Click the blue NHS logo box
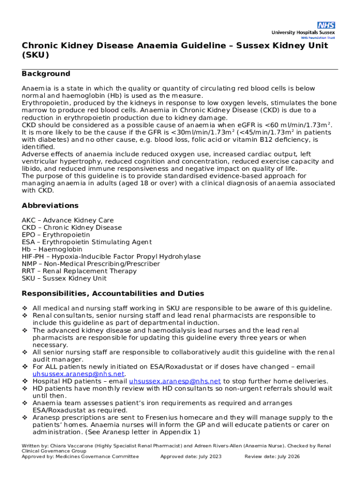(326, 25)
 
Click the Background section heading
(46, 74)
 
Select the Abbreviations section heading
(50, 206)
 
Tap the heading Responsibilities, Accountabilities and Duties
(113, 294)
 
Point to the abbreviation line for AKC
(67, 220)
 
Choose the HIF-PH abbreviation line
(111, 257)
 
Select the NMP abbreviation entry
(91, 264)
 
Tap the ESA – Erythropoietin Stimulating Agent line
(86, 242)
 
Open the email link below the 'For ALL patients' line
(78, 374)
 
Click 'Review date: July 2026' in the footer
(272, 457)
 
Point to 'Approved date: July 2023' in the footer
(191, 457)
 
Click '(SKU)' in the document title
(35, 55)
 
